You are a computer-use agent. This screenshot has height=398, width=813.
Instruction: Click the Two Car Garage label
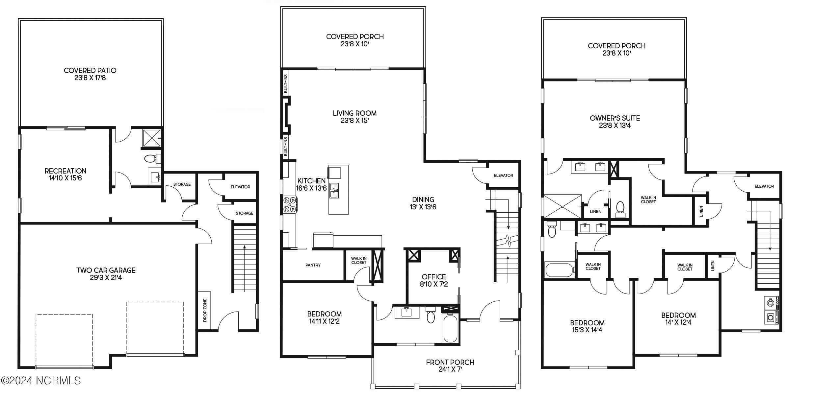[106, 273]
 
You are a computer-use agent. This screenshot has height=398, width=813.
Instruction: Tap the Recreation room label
[65, 174]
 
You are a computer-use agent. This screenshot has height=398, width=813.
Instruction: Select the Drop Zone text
[205, 310]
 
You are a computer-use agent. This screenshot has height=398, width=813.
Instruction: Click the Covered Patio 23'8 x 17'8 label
[90, 74]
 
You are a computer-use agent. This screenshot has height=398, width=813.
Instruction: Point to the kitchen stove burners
[290, 204]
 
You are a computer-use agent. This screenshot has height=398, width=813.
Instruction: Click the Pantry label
[313, 265]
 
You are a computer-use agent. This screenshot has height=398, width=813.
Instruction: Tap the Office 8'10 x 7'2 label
[433, 280]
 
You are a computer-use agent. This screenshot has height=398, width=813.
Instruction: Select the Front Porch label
[450, 365]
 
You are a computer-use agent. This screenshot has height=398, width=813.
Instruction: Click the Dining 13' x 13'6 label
[423, 203]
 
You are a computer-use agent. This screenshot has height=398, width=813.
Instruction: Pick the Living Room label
[354, 117]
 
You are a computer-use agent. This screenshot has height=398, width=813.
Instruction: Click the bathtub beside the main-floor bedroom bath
[450, 329]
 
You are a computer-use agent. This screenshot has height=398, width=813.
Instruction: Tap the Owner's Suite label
[615, 121]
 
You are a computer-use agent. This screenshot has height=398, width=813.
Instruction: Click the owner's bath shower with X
[562, 206]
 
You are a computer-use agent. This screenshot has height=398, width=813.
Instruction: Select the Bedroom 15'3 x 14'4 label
[587, 326]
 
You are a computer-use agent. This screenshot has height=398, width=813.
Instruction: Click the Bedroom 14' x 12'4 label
[678, 318]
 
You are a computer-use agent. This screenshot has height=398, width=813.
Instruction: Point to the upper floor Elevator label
[764, 186]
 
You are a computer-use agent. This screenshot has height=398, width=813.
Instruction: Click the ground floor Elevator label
[240, 187]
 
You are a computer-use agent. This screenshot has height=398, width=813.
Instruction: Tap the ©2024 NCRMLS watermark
[41, 380]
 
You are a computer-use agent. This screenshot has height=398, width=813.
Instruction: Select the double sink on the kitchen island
[334, 191]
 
